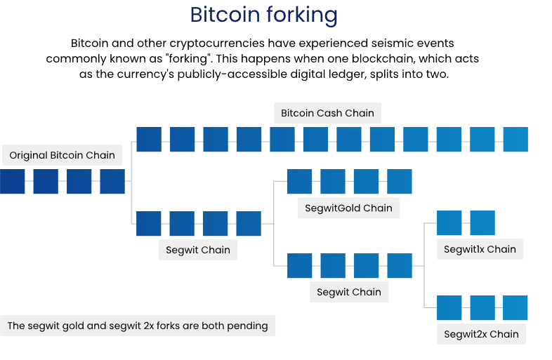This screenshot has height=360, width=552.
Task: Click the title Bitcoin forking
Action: point(264,15)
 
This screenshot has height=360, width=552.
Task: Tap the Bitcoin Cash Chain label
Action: point(327,112)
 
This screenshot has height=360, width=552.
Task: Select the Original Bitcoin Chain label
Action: point(62,155)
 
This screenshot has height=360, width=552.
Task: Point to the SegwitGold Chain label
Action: point(348,208)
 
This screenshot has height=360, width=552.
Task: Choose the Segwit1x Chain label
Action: point(480,249)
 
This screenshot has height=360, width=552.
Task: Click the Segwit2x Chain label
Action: point(481,334)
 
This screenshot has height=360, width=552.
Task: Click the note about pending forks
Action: point(138,326)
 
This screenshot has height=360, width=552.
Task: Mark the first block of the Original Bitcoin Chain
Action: point(12,181)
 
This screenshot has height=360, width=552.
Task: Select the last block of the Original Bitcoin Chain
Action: point(112,181)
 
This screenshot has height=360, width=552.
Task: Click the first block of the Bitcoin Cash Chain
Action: point(149,139)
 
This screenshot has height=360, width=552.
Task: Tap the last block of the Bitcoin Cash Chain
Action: point(515,139)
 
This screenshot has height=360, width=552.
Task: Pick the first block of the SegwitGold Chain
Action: point(299,181)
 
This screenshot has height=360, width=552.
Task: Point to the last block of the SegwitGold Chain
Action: point(400,181)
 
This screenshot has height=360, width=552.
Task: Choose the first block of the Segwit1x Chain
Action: point(449,222)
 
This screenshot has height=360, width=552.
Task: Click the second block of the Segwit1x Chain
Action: point(482,222)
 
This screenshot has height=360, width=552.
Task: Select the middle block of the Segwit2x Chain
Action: point(482,307)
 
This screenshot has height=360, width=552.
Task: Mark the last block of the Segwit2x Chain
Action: point(515,307)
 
